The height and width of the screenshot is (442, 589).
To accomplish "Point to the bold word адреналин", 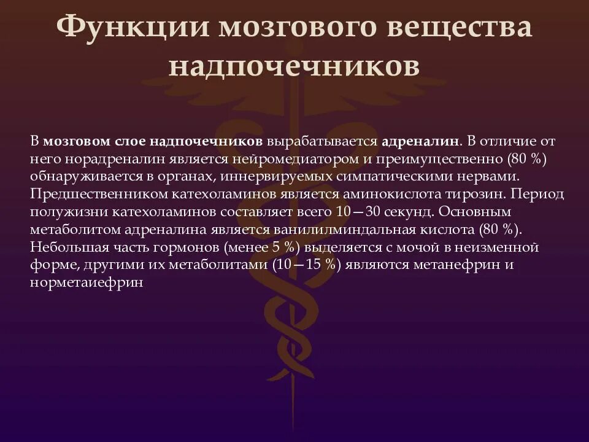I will [x=420, y=141].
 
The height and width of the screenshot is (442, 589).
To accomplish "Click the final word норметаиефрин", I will [x=86, y=283].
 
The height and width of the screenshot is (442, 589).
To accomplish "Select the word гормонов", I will [x=185, y=247].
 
